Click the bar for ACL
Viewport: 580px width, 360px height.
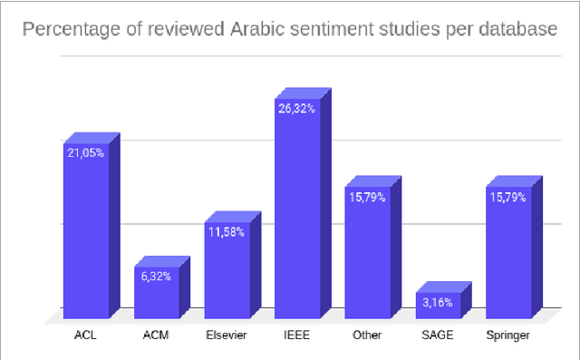[x=85, y=236]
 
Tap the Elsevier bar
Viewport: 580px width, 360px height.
[x=226, y=268]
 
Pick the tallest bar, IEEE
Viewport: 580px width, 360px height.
[x=296, y=209]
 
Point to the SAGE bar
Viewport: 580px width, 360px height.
[x=438, y=305]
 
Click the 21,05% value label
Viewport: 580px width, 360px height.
[x=85, y=153]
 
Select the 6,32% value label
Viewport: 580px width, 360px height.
[x=156, y=277]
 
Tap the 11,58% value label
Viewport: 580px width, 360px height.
[x=226, y=232]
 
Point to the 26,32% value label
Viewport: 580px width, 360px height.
[x=296, y=109]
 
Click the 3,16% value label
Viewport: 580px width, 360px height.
[x=438, y=303]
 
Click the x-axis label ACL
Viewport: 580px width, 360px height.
[x=85, y=336]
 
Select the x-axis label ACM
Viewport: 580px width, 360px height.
[x=156, y=336]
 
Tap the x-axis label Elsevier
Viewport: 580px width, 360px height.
[x=226, y=336]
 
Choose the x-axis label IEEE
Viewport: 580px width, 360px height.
[x=296, y=336]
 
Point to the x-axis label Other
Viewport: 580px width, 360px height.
[x=367, y=336]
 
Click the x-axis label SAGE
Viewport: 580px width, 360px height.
[x=438, y=336]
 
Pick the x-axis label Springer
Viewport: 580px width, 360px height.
[x=507, y=336]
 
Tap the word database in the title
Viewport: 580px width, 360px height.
[x=515, y=31]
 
